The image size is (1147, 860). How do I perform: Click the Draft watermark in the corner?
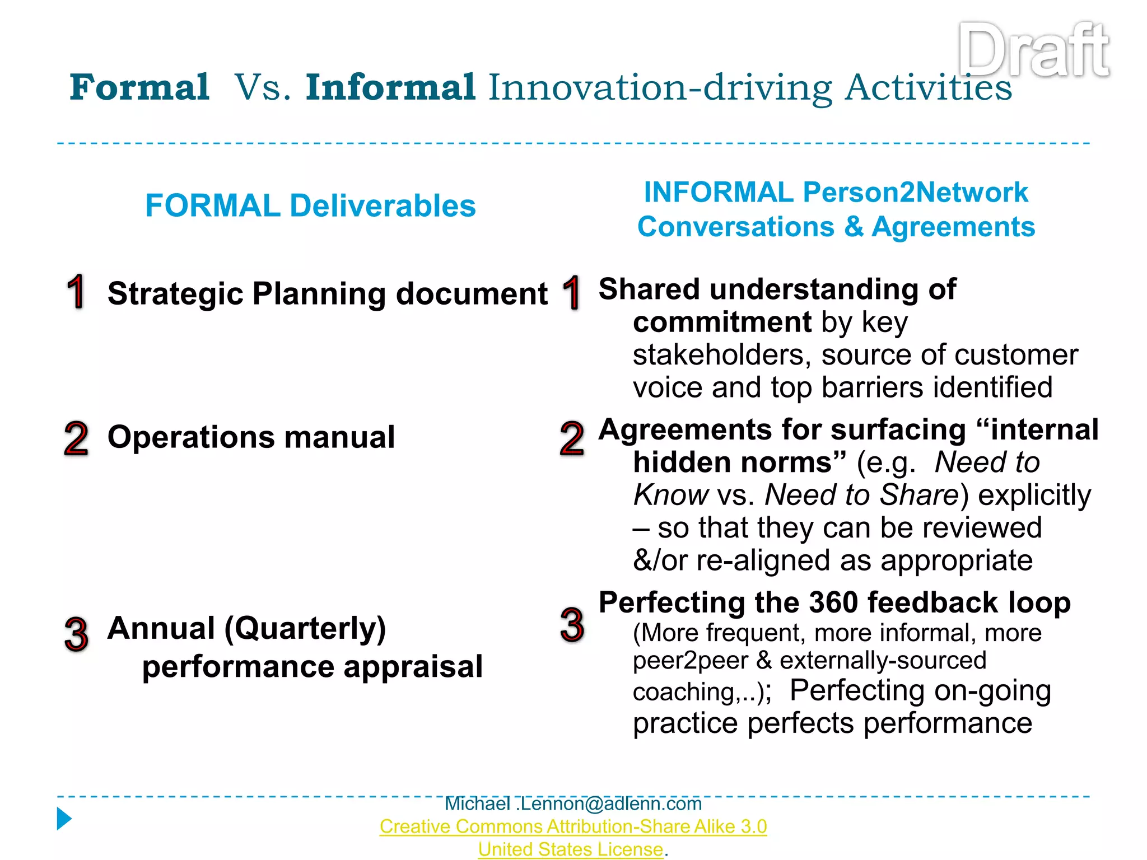pyautogui.click(x=1033, y=50)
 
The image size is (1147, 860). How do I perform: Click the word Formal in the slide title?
pyautogui.click(x=139, y=88)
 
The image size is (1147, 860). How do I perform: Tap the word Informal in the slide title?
pyautogui.click(x=390, y=88)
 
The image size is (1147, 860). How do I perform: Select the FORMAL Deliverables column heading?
pyautogui.click(x=310, y=205)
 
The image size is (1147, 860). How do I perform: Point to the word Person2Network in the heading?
pyautogui.click(x=915, y=193)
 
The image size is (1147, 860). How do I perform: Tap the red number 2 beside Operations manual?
pyautogui.click(x=76, y=438)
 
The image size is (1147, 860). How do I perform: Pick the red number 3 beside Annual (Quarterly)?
pyautogui.click(x=76, y=634)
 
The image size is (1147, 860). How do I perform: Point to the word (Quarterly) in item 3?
pyautogui.click(x=305, y=628)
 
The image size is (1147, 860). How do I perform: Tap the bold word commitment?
pyautogui.click(x=722, y=322)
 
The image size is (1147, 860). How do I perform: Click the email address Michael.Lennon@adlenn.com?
pyautogui.click(x=573, y=804)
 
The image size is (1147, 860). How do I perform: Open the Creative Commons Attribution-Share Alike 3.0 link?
pyautogui.click(x=573, y=826)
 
